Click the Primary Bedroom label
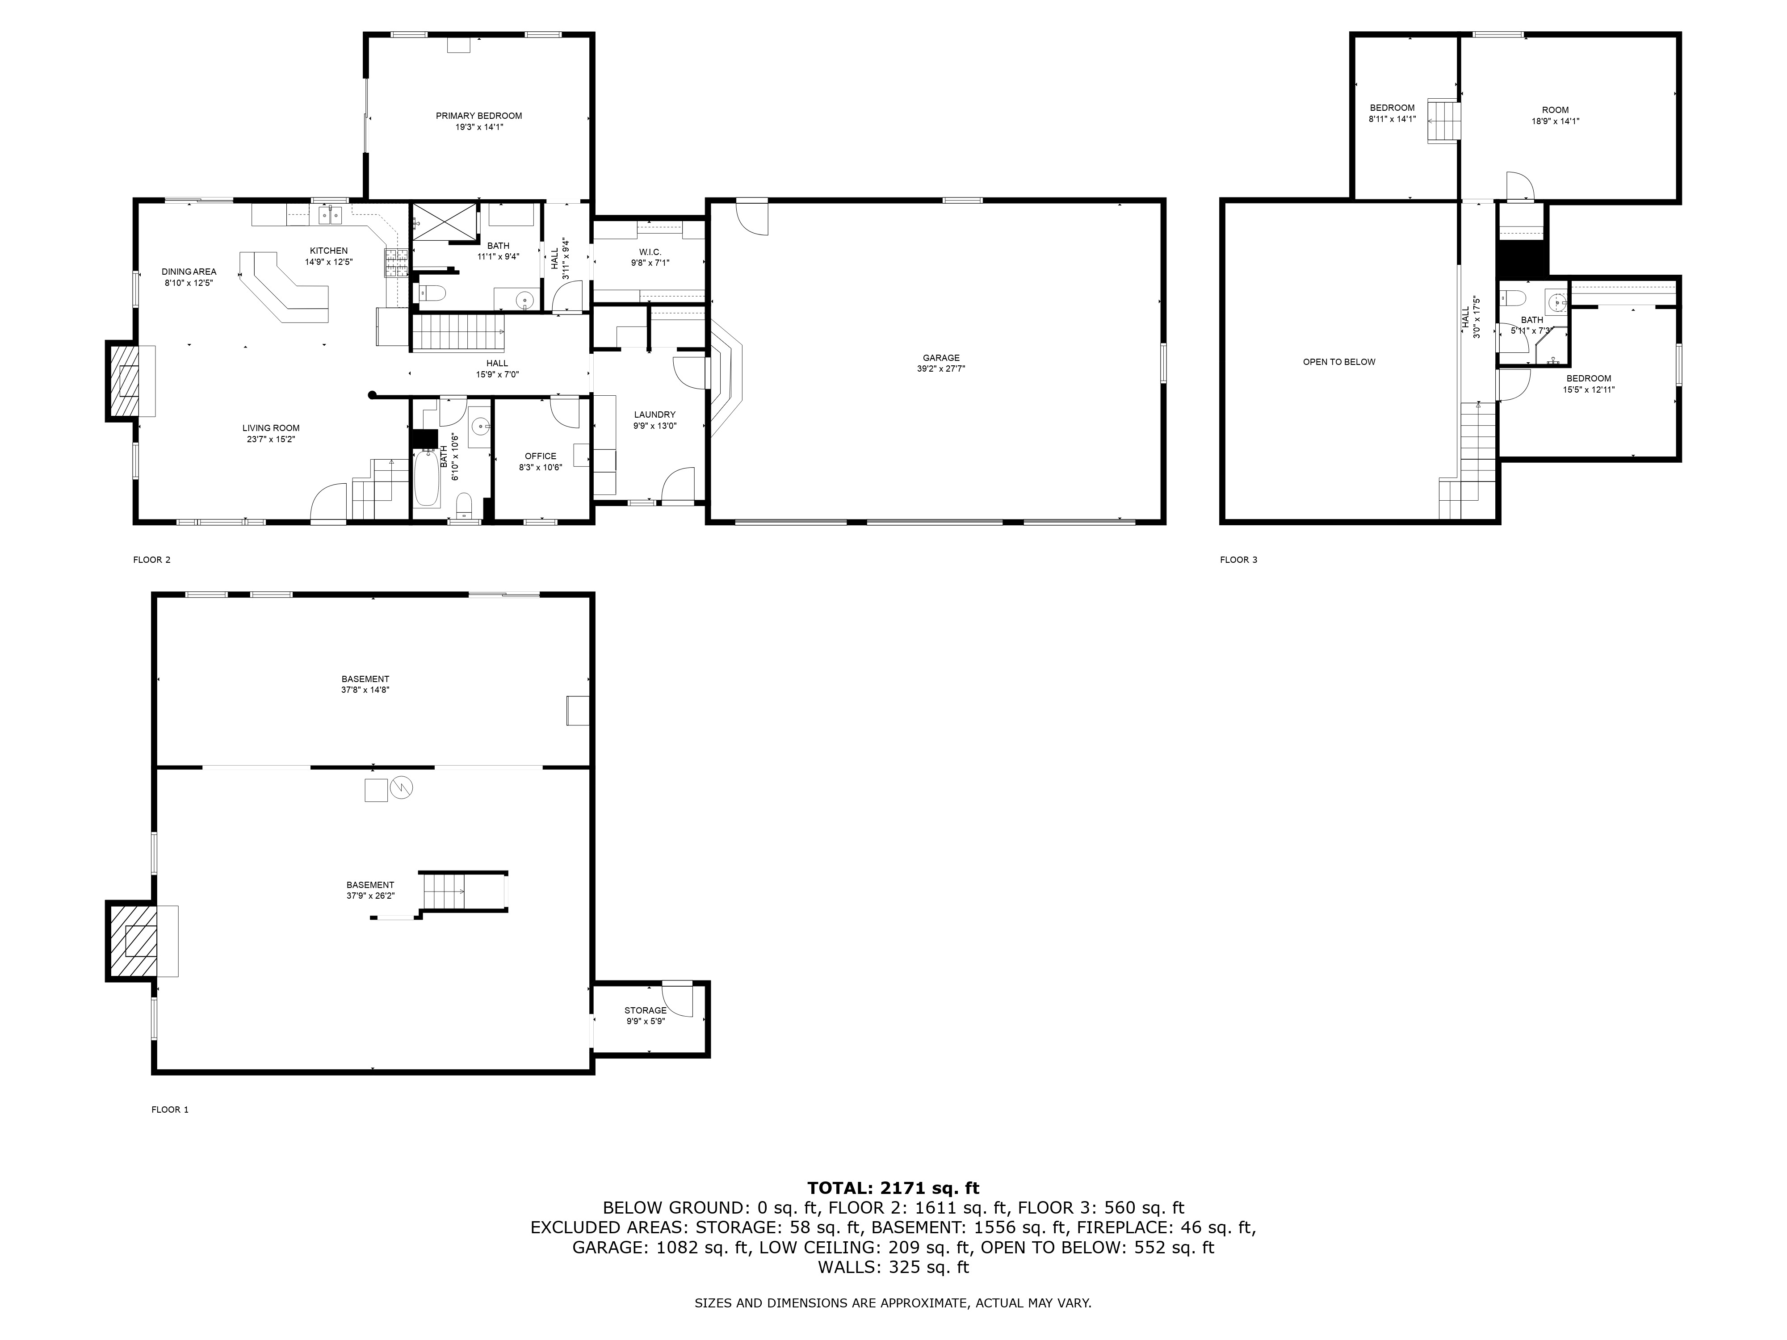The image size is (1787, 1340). [x=478, y=116]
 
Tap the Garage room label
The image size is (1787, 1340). [x=941, y=358]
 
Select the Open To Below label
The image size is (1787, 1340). [x=1338, y=362]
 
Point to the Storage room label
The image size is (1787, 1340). [x=646, y=1010]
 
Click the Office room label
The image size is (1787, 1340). [x=541, y=456]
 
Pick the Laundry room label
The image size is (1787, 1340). [x=654, y=415]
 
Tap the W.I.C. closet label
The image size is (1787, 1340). [x=650, y=252]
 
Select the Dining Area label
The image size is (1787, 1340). [x=189, y=272]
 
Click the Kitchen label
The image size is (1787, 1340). [x=329, y=251]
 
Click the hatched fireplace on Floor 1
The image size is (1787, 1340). [x=131, y=942]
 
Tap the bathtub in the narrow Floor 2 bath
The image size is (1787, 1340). [x=428, y=478]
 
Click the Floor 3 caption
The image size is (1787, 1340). [x=1238, y=560]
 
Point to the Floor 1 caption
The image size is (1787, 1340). [x=170, y=1110]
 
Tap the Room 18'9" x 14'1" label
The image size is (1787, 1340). [x=1555, y=116]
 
